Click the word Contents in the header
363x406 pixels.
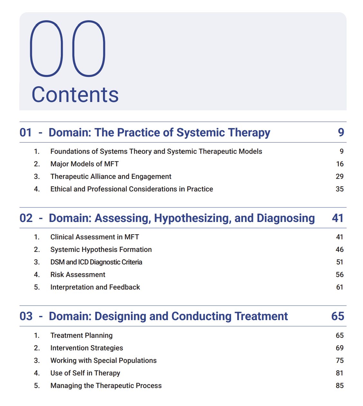pos(75,95)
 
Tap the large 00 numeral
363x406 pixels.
pos(68,49)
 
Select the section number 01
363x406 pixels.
pos(26,133)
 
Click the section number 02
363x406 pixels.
pos(26,218)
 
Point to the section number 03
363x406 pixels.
pos(26,316)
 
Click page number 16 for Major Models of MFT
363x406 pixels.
pos(340,164)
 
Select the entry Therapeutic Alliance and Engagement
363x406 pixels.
pos(111,177)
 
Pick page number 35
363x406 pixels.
pos(340,189)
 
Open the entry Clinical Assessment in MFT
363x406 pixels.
pos(95,237)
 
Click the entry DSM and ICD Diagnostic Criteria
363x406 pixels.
pos(96,262)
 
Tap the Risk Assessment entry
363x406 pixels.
pos(78,275)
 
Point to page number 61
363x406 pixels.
pos(340,287)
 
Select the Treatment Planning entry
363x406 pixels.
pos(81,336)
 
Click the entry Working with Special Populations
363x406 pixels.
pos(103,361)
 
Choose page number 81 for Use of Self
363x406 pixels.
pos(340,373)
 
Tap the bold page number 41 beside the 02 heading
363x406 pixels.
pos(338,218)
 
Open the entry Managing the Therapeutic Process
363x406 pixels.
pos(106,386)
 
